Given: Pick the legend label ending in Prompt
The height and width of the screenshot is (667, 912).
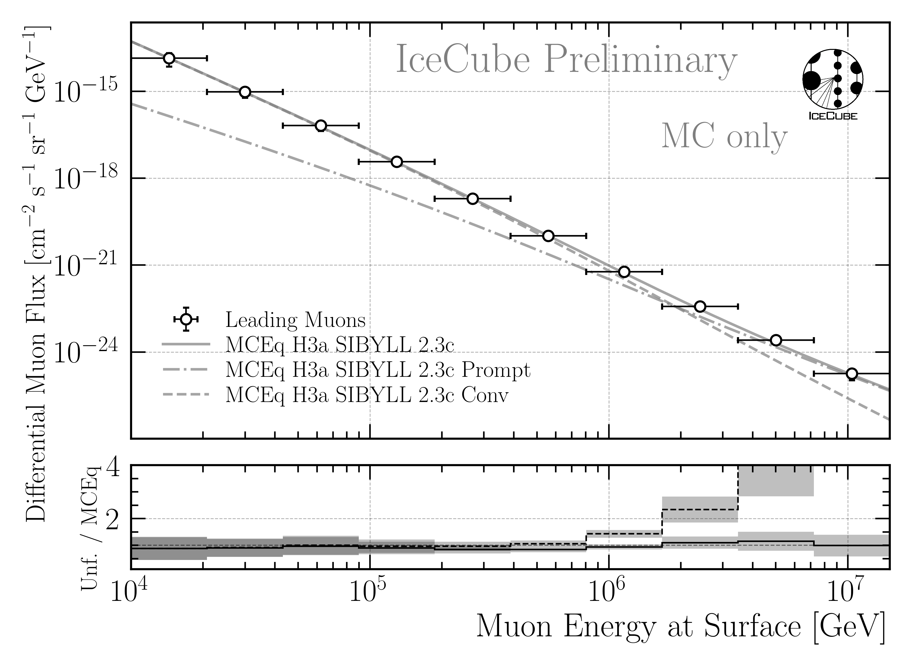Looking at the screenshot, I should point(378,370).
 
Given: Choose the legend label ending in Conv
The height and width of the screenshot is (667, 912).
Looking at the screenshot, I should point(367,395).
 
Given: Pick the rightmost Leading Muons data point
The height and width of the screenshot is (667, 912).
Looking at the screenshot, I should point(851,374).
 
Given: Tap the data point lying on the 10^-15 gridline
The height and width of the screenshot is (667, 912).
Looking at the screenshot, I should point(245,92).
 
